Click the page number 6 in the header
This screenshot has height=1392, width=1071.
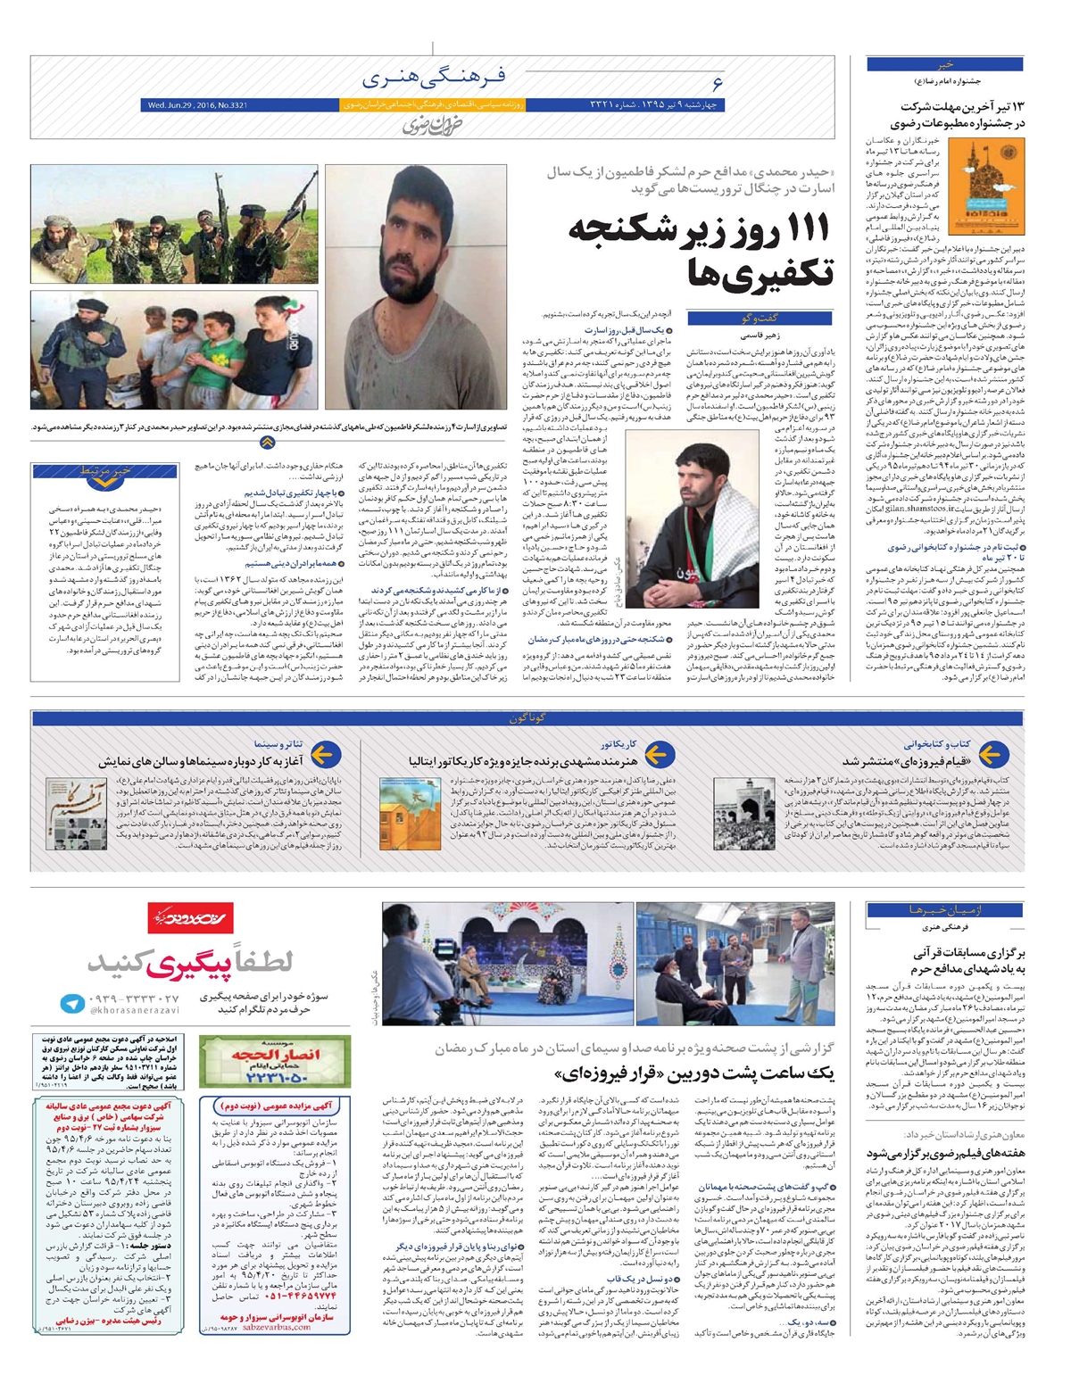[x=717, y=85]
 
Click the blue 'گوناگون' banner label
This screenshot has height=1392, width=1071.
[x=527, y=718]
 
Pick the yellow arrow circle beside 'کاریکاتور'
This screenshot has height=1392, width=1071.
[x=657, y=756]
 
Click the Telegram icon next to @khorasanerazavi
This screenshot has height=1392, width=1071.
[x=72, y=1003]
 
